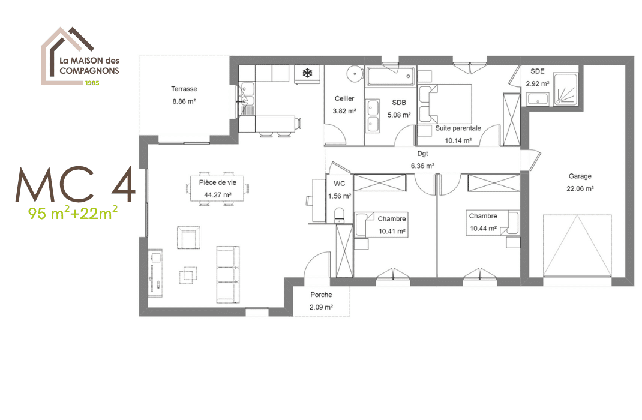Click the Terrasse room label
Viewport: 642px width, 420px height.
click(184, 89)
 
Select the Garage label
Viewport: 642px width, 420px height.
click(580, 176)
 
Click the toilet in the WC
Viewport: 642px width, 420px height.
click(339, 213)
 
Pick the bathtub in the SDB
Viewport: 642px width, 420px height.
click(391, 76)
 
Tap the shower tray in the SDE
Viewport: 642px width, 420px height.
click(566, 90)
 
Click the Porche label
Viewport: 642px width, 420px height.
click(321, 295)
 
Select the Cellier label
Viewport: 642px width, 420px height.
click(344, 98)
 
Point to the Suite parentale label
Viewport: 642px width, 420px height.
click(458, 128)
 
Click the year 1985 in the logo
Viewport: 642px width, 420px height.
click(92, 82)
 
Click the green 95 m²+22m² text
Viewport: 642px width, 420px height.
click(72, 212)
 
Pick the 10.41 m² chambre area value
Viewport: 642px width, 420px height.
click(392, 231)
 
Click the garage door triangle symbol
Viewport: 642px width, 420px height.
click(579, 246)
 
